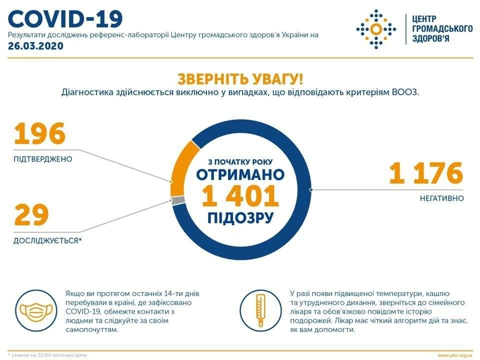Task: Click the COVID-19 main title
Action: click(65, 19)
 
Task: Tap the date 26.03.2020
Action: click(36, 46)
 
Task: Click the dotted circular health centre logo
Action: click(376, 29)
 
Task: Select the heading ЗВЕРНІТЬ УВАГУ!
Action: click(240, 79)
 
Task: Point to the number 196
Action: click(40, 133)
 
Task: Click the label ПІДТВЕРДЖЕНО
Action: click(43, 159)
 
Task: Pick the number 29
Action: click(31, 214)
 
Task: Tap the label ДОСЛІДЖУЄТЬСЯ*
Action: click(47, 240)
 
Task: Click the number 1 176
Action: click(426, 173)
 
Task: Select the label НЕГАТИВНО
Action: click(441, 198)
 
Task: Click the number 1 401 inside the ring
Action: click(240, 196)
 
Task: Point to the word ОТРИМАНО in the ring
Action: click(240, 175)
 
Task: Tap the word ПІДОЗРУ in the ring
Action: click(240, 218)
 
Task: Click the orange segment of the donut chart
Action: click(181, 168)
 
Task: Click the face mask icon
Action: click(36, 310)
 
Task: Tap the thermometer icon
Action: click(260, 310)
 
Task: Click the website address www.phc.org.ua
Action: click(455, 355)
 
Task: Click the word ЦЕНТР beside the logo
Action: click(424, 19)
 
